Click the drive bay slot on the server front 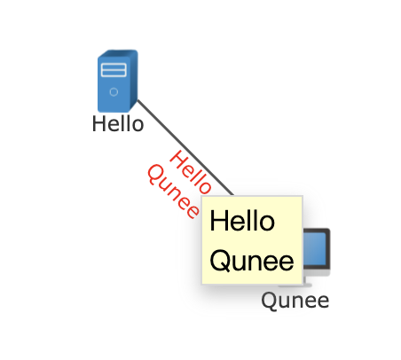[x=114, y=70]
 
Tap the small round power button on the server [x=114, y=92]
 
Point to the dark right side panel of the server [x=134, y=81]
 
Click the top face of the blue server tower [x=117, y=54]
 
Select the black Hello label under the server [x=118, y=124]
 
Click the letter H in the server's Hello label [x=98, y=124]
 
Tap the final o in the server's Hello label [x=138, y=126]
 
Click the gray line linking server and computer [x=185, y=147]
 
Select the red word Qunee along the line [x=173, y=192]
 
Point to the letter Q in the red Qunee [x=155, y=175]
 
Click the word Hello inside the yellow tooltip [x=242, y=221]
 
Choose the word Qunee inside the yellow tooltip [x=252, y=262]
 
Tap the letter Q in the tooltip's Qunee [x=220, y=262]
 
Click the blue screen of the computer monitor [x=314, y=248]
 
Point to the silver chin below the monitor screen [x=316, y=272]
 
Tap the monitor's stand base [x=295, y=286]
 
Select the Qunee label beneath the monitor [x=295, y=301]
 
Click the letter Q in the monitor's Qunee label [x=269, y=301]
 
